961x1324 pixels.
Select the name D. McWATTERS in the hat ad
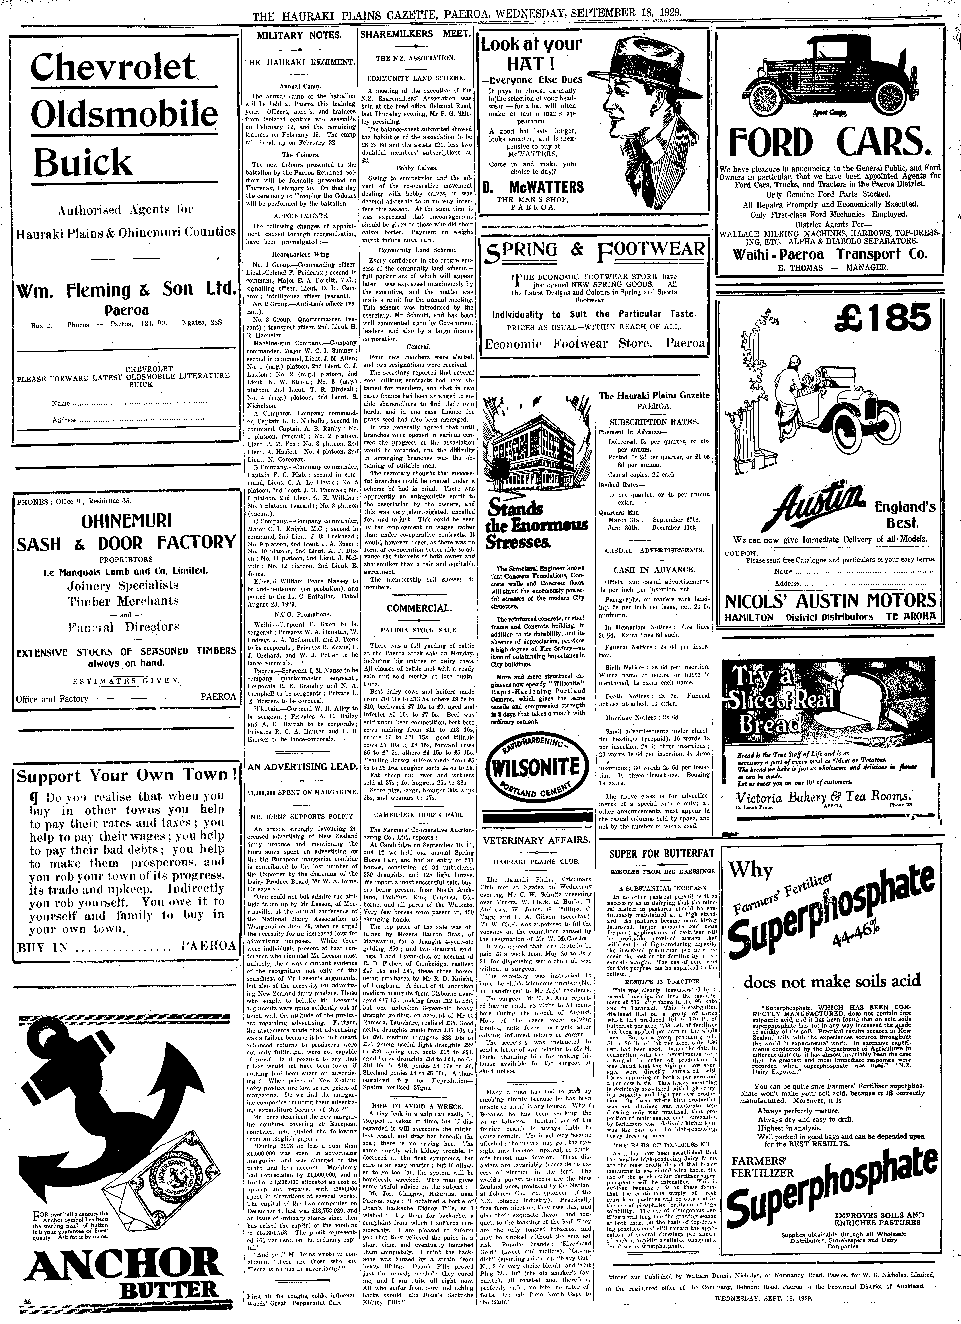pos(533,187)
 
